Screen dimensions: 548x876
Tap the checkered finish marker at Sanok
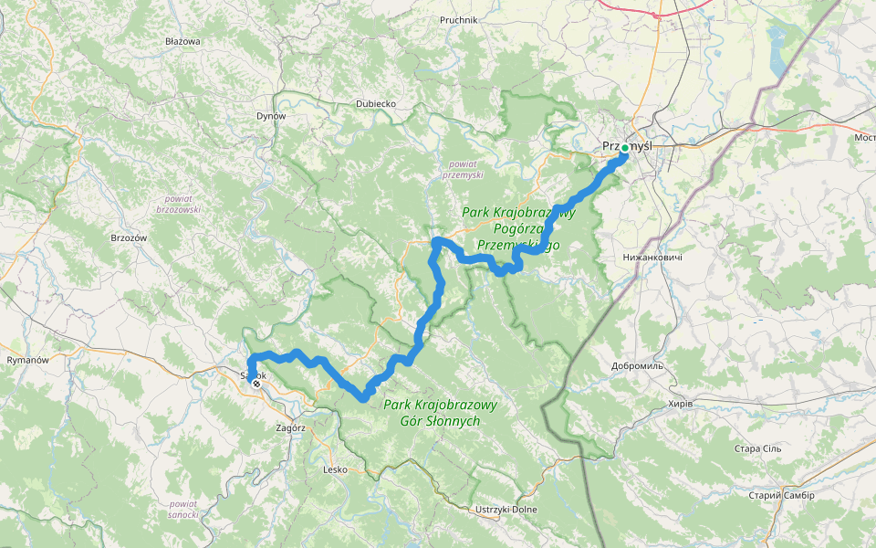pyautogui.click(x=256, y=384)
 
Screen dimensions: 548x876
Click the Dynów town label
pyautogui.click(x=271, y=116)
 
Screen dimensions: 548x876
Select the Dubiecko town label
pyautogui.click(x=376, y=104)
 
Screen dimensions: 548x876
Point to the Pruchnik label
pyautogui.click(x=459, y=19)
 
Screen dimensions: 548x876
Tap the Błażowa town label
pyautogui.click(x=182, y=42)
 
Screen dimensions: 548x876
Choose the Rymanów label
pyautogui.click(x=27, y=360)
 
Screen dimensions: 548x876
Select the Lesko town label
pyautogui.click(x=336, y=469)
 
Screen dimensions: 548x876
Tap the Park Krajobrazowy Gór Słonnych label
pyautogui.click(x=440, y=413)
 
